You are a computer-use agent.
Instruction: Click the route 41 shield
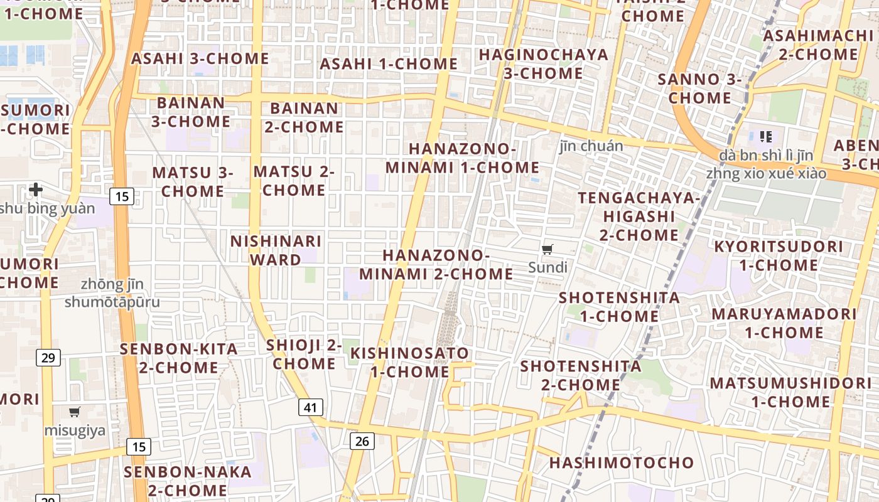(310, 408)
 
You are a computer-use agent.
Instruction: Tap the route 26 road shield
(362, 441)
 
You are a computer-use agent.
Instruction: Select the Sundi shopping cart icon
(547, 250)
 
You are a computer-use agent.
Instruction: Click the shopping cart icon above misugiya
(75, 412)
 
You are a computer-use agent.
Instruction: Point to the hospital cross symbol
(36, 189)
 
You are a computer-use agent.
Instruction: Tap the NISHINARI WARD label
(276, 250)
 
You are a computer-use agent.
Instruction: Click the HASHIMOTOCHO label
(622, 463)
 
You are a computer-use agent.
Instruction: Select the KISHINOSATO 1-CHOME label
(409, 362)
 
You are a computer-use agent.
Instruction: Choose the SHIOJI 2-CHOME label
(304, 354)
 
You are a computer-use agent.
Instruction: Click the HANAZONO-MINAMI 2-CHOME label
(436, 265)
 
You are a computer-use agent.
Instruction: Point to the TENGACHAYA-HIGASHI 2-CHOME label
(639, 216)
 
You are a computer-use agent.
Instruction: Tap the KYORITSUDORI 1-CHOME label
(778, 255)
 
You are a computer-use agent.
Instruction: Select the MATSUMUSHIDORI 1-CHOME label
(790, 392)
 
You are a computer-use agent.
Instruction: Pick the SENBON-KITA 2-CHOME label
(179, 358)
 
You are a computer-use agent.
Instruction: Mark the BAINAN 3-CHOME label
(191, 112)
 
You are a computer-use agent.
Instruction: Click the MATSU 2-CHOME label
(294, 181)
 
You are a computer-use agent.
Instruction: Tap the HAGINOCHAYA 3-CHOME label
(544, 64)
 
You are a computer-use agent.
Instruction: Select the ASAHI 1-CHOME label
(389, 64)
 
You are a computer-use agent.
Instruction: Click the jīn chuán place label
(591, 146)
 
